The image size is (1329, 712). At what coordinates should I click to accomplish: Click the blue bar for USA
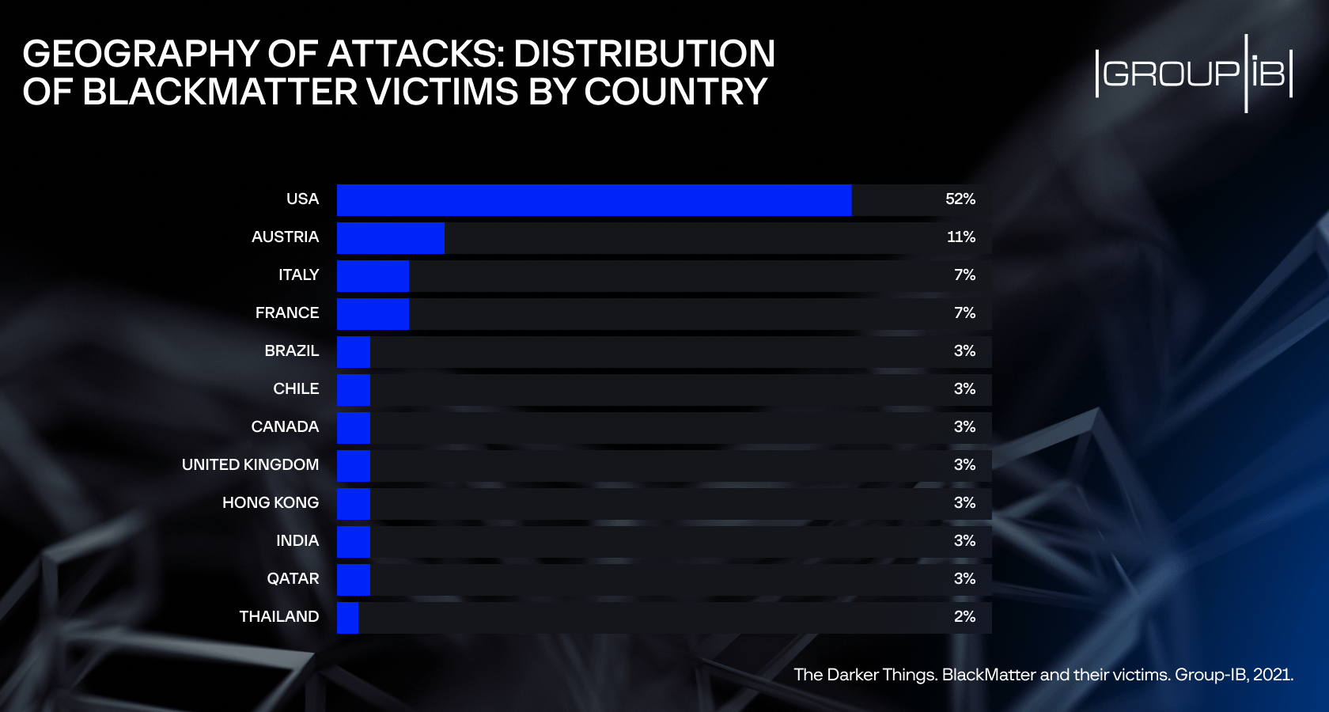(x=593, y=200)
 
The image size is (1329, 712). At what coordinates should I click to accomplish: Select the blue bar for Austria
(x=390, y=238)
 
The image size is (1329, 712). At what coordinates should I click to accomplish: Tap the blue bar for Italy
(x=373, y=276)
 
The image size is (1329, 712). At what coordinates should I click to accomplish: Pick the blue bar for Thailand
(x=347, y=618)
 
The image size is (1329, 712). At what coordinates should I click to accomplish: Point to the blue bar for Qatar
(x=353, y=580)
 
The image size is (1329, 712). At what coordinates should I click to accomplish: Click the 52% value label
(x=960, y=199)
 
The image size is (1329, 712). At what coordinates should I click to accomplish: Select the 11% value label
(x=960, y=237)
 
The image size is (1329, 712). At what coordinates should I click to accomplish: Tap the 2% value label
(x=964, y=617)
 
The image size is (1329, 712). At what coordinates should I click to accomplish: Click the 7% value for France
(x=964, y=313)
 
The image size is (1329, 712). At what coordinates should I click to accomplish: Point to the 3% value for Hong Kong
(x=964, y=503)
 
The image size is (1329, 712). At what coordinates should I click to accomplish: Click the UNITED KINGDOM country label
(x=250, y=465)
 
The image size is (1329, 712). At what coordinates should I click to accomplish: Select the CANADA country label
(x=285, y=427)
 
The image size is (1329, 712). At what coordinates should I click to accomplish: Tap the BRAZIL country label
(x=291, y=351)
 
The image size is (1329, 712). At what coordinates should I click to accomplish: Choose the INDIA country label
(x=297, y=541)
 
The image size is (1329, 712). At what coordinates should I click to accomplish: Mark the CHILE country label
(x=296, y=389)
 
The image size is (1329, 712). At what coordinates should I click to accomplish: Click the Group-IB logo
(x=1194, y=74)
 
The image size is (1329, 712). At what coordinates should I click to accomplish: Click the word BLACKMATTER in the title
(x=221, y=93)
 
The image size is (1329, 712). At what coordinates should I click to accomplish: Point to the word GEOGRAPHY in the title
(x=141, y=54)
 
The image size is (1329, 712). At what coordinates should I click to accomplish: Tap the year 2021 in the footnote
(x=1273, y=675)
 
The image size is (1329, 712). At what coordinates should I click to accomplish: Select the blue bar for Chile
(x=353, y=390)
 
